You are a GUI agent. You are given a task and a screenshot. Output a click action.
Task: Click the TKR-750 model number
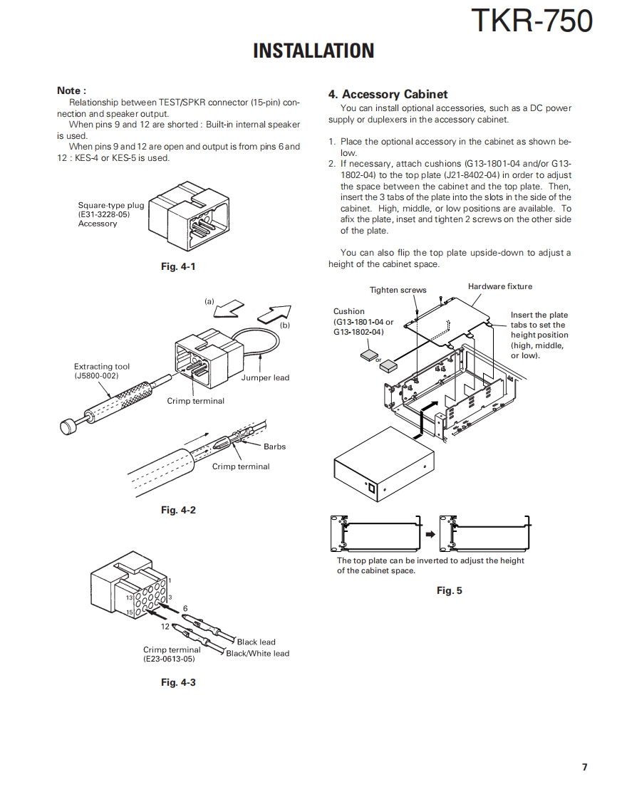click(532, 21)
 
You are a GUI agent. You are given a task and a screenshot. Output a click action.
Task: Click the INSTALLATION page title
click(313, 51)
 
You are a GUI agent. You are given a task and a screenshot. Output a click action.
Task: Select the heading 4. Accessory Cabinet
click(388, 94)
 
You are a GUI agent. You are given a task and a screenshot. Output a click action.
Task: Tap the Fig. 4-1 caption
click(178, 267)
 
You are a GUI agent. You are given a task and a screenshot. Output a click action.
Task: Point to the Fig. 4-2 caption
click(178, 510)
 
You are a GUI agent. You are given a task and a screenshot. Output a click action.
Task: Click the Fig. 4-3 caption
click(178, 682)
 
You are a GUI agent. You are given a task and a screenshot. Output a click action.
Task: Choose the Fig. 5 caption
click(449, 590)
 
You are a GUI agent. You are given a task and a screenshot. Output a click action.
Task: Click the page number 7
click(584, 767)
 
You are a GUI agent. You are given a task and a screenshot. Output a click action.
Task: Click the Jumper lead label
click(265, 377)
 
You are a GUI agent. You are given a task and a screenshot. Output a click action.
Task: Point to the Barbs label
click(274, 446)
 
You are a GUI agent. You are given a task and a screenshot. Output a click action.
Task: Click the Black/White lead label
click(258, 653)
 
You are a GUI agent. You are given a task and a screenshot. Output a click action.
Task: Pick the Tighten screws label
click(398, 290)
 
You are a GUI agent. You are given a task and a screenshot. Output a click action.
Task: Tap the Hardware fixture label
click(499, 286)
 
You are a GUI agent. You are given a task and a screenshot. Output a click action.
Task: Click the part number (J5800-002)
click(96, 375)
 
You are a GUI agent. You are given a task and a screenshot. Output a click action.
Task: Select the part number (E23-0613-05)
click(169, 659)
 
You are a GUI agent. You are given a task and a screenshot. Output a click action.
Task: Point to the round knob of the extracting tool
click(68, 426)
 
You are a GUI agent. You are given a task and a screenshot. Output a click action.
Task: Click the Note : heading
click(71, 90)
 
